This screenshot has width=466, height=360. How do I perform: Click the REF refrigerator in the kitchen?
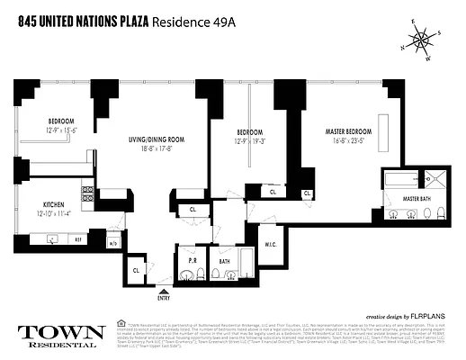(79, 240)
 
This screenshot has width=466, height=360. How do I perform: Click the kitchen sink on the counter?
(52, 239)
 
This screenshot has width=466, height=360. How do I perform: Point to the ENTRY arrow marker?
(163, 291)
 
